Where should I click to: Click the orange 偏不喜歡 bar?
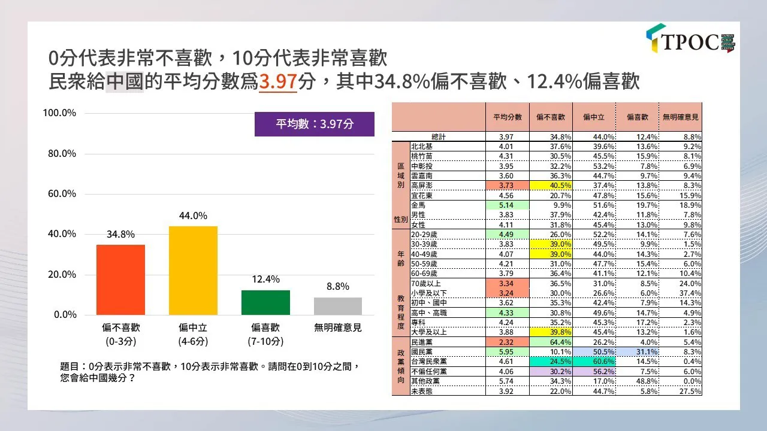point(120,280)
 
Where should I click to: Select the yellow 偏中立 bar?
point(193,271)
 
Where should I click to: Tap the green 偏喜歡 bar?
point(265,302)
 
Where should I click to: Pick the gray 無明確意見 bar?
point(338,306)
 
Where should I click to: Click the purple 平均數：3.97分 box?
point(314,124)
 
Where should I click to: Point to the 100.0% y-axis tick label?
point(59,113)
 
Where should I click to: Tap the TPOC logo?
point(690,40)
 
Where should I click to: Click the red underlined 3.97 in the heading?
point(277,81)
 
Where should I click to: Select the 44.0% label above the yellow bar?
point(193,216)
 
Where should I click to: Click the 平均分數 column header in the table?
point(507,117)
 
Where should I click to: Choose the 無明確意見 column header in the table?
point(680,117)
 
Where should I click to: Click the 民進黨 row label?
point(422,341)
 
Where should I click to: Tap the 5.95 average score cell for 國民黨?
point(507,351)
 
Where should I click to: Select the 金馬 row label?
point(418,205)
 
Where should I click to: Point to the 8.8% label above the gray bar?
point(338,287)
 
